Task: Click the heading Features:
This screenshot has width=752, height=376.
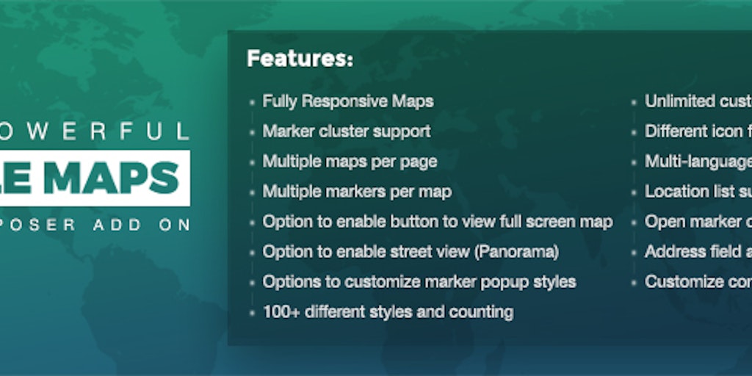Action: point(300,59)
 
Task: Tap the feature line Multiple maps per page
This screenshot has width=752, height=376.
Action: point(350,162)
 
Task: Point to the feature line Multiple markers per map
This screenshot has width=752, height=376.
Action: point(357,192)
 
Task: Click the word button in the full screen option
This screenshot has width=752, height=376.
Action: point(419,222)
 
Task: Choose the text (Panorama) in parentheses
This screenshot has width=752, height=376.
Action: point(516,252)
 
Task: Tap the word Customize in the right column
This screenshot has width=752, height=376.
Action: point(683,282)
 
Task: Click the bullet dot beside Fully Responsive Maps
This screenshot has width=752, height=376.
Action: point(252,103)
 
